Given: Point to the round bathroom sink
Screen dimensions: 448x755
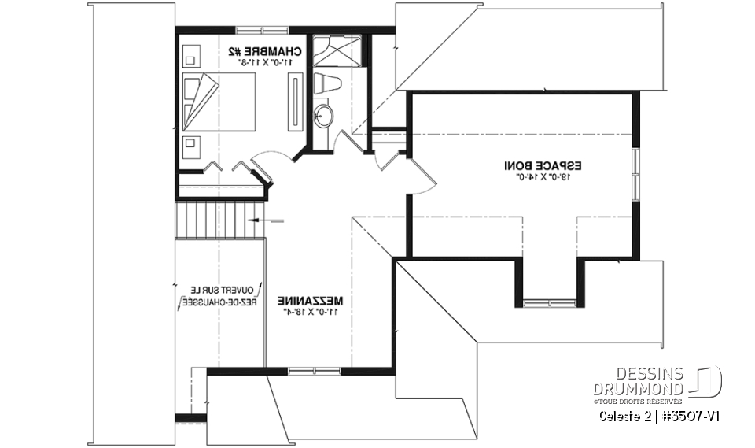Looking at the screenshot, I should (x=324, y=117).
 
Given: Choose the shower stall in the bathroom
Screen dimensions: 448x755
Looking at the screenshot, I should (x=336, y=52).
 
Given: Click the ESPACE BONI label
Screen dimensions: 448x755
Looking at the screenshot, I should (x=543, y=166).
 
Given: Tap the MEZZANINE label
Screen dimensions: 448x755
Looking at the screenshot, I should (x=309, y=301).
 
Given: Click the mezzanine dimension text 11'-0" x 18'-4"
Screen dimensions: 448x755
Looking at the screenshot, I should (x=309, y=312).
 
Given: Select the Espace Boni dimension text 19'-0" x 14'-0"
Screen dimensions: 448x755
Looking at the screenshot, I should (x=542, y=177).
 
